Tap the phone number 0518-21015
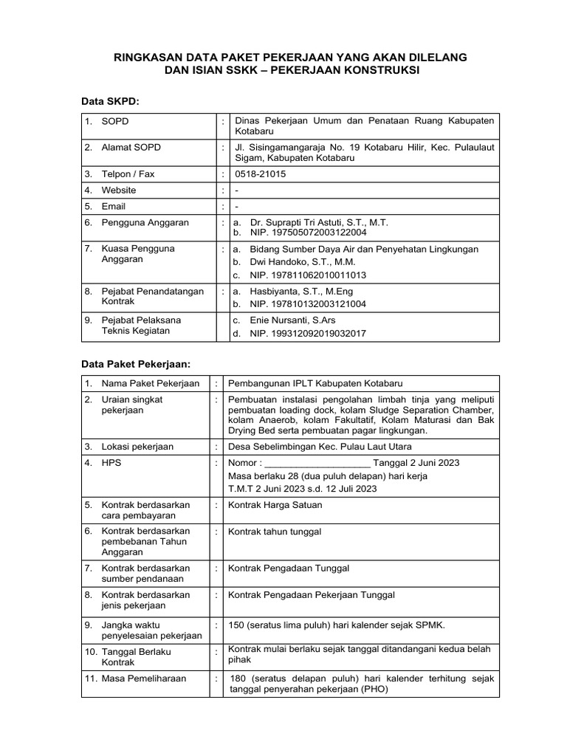(x=261, y=174)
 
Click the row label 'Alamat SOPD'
(x=131, y=148)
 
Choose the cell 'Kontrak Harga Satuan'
(x=275, y=505)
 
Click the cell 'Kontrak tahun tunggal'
(x=275, y=532)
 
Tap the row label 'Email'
(x=114, y=206)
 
